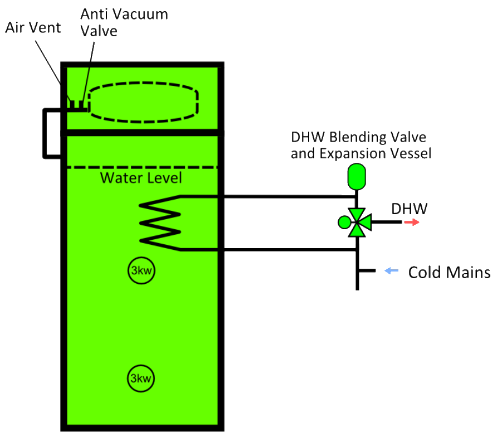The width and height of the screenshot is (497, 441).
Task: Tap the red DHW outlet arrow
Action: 412,222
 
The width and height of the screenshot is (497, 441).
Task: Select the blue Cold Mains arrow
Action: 392,270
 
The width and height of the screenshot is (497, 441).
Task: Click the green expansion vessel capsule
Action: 357,177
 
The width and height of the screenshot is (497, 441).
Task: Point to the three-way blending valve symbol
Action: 358,222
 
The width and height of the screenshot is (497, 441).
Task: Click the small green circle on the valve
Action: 344,222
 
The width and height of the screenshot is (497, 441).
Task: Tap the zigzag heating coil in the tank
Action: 160,223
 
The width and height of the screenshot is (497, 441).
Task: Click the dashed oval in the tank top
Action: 143,84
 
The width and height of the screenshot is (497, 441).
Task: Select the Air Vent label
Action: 33,28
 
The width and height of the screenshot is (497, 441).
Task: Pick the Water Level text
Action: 141,178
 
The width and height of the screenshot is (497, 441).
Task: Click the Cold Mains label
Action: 449,273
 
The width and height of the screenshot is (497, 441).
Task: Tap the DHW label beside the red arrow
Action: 409,209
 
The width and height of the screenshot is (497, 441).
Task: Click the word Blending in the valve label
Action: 358,137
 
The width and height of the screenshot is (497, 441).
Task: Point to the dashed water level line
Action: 142,167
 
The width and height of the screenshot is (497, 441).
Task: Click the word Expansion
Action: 353,153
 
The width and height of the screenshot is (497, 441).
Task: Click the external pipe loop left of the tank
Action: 45,133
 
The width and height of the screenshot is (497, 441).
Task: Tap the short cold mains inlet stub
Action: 367,270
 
